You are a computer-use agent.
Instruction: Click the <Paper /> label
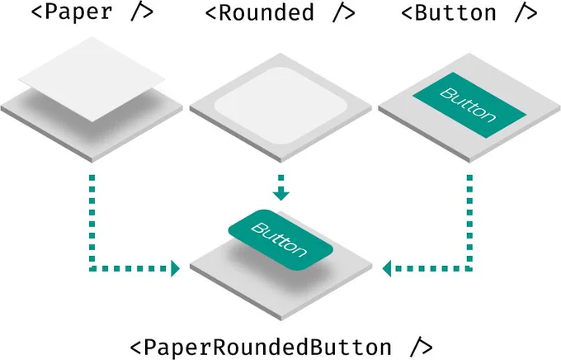click(x=92, y=12)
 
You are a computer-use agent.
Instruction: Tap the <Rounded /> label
click(x=280, y=12)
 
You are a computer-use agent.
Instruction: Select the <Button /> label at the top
click(x=469, y=12)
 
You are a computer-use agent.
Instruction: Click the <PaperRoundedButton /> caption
click(x=281, y=347)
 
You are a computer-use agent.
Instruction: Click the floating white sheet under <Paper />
click(x=92, y=79)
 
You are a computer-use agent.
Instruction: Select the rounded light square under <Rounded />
click(x=280, y=106)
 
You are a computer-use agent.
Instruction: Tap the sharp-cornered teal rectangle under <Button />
click(x=469, y=105)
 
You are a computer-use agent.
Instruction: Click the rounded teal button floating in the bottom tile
click(x=280, y=240)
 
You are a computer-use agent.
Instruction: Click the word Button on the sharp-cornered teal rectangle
click(x=468, y=105)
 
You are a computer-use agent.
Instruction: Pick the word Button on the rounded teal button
click(x=280, y=239)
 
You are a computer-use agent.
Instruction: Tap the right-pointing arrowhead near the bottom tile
click(x=175, y=268)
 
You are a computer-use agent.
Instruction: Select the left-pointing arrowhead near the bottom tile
click(x=387, y=268)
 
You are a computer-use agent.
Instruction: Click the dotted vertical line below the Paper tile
click(x=92, y=222)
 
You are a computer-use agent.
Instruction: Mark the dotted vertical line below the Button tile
click(x=469, y=222)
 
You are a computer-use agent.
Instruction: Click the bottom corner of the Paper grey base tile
click(x=92, y=162)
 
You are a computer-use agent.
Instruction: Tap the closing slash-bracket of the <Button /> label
click(x=526, y=13)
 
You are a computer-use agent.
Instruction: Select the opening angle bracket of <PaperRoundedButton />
click(x=135, y=348)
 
